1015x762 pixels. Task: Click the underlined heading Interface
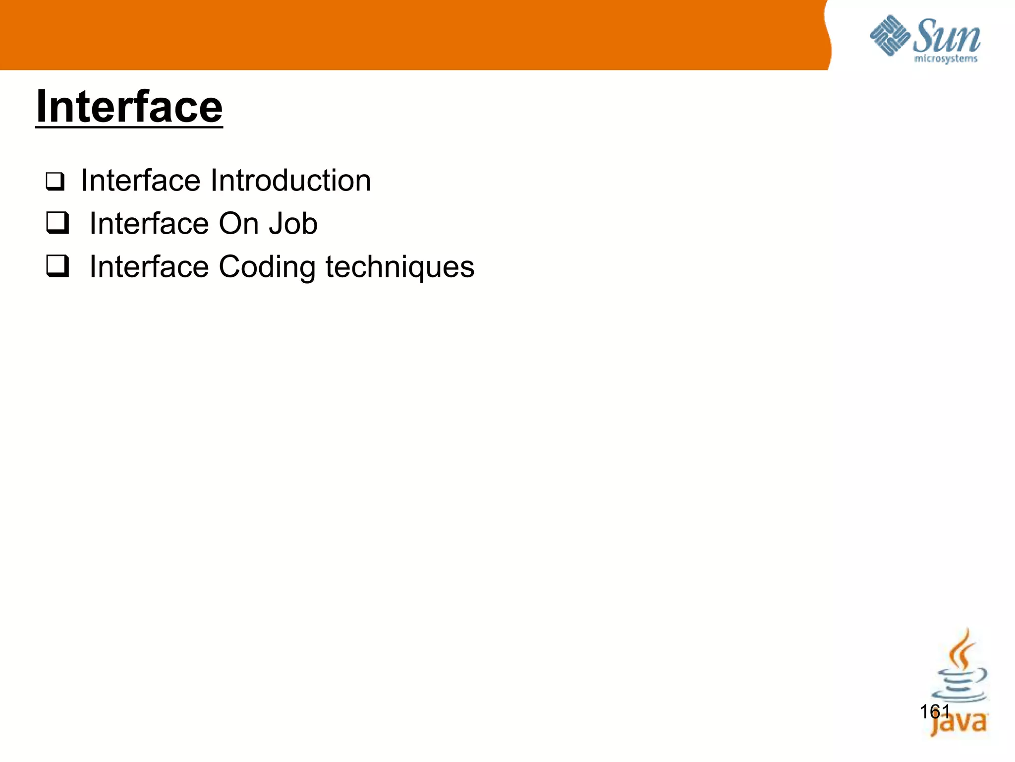pos(129,107)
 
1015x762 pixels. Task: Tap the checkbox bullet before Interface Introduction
pos(55,182)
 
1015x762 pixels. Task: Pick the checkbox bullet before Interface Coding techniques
pos(57,266)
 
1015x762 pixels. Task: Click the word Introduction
pos(290,180)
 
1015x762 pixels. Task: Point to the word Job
pos(293,224)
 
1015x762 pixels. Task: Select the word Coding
pos(267,267)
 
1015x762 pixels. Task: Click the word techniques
pos(399,267)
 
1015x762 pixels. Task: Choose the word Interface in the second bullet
pos(149,224)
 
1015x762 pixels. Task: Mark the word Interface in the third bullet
pos(149,267)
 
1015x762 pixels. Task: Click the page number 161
pos(935,712)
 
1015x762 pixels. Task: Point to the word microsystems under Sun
pos(946,59)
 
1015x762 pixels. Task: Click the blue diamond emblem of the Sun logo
pos(890,35)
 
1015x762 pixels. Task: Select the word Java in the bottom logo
pos(959,723)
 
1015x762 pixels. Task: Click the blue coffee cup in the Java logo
pos(959,685)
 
